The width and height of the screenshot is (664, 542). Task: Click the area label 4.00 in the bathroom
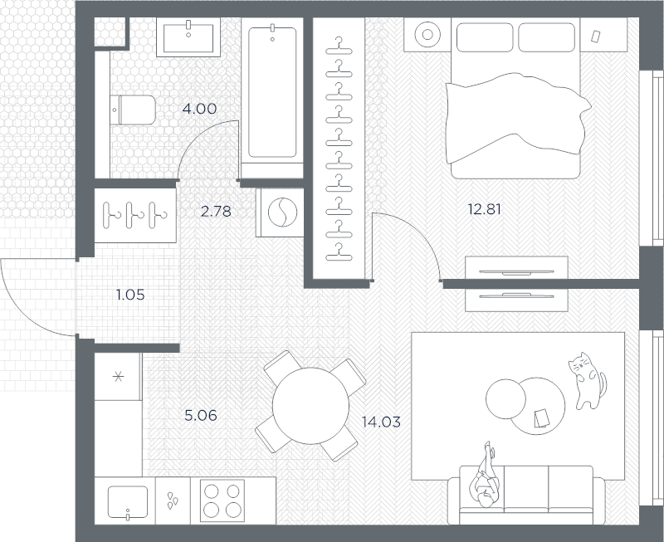click(x=199, y=109)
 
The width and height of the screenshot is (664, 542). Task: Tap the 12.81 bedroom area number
click(x=484, y=209)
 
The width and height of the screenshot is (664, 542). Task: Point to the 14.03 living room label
click(x=381, y=422)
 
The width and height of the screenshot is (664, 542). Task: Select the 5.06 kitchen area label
click(x=201, y=415)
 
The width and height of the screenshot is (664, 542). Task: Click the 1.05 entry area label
click(x=130, y=295)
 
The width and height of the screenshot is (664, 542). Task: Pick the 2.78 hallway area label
click(x=216, y=211)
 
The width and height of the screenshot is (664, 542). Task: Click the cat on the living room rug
click(x=587, y=380)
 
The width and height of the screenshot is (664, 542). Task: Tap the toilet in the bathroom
click(x=133, y=110)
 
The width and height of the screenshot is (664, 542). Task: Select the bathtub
click(x=272, y=92)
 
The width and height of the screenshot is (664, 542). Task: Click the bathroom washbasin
click(x=188, y=37)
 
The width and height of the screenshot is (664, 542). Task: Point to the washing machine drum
click(x=282, y=212)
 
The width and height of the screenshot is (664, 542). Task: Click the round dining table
click(x=310, y=406)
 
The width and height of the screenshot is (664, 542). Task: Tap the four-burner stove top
click(x=222, y=500)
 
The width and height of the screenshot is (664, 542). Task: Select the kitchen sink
click(x=128, y=502)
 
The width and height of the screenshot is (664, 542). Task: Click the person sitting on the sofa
click(x=485, y=475)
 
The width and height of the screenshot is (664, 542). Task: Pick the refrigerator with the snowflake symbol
click(x=118, y=377)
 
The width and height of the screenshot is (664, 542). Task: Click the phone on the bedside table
click(x=596, y=37)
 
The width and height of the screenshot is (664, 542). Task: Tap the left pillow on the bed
click(x=485, y=37)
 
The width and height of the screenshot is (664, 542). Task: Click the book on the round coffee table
click(x=542, y=418)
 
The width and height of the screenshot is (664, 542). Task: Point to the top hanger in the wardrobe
click(x=339, y=46)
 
